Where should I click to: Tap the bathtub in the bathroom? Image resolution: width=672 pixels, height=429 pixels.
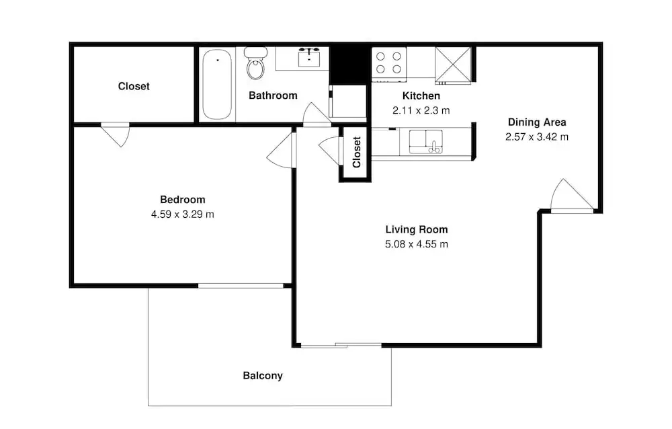point(217,84)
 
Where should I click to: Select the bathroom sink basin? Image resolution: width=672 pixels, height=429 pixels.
point(308,58)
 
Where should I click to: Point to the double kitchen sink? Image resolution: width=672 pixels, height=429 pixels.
point(425,142)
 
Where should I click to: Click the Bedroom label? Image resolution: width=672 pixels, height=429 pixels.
point(183,200)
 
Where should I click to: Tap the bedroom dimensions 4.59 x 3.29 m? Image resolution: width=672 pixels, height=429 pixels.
point(183,214)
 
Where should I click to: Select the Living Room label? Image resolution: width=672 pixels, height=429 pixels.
point(417,229)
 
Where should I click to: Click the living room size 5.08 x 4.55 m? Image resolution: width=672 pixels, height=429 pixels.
point(417,244)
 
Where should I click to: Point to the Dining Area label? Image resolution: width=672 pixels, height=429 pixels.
point(537,122)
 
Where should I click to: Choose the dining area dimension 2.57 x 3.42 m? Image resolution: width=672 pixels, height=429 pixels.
point(537,137)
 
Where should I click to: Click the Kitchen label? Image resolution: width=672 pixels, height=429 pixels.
point(421,95)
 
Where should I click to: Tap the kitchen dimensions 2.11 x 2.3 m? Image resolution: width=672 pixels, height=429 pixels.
point(421,110)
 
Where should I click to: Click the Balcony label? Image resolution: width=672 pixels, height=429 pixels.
point(263,376)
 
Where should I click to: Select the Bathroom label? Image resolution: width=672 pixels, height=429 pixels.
point(273,95)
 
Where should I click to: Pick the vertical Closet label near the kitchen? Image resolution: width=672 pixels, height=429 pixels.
point(357,152)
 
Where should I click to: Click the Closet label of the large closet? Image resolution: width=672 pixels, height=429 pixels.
point(134,86)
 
